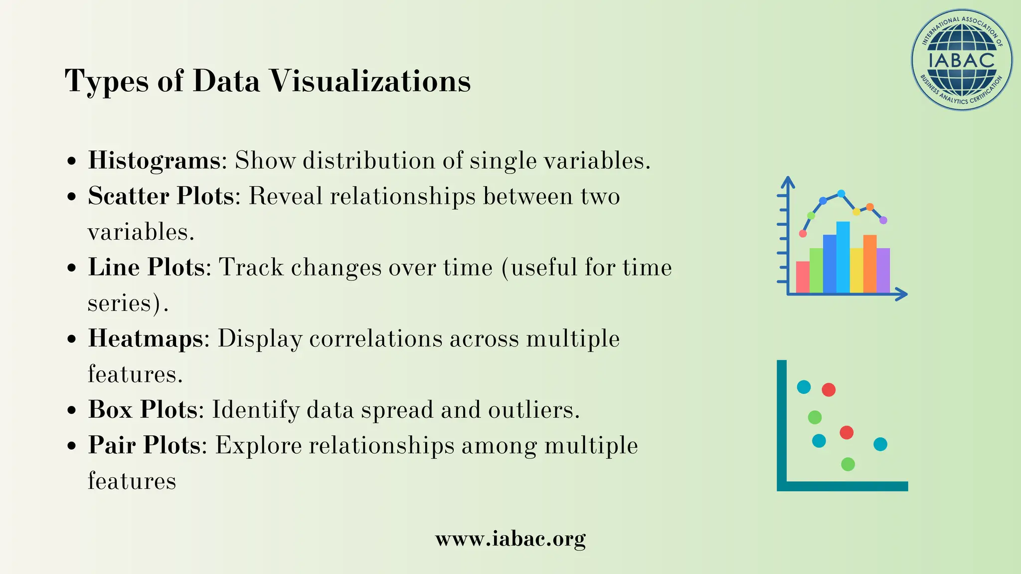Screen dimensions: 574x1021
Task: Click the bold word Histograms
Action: pyautogui.click(x=154, y=160)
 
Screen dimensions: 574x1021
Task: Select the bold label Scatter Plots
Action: pyautogui.click(x=161, y=196)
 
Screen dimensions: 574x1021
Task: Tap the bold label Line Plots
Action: pyautogui.click(x=146, y=267)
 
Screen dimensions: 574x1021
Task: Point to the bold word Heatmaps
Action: pyautogui.click(x=146, y=338)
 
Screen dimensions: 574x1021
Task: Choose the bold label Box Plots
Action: pyautogui.click(x=143, y=410)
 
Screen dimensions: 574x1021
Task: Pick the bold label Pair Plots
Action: pyautogui.click(x=144, y=445)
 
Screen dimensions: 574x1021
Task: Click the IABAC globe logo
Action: pyautogui.click(x=962, y=60)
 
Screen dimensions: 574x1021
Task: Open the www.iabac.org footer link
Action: pyautogui.click(x=510, y=539)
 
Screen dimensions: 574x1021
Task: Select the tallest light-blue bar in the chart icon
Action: pyautogui.click(x=843, y=257)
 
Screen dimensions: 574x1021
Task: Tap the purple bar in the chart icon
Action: pyautogui.click(x=883, y=270)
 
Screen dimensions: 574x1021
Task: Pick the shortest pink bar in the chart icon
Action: pyautogui.click(x=803, y=277)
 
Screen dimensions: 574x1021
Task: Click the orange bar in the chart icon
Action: pyautogui.click(x=870, y=263)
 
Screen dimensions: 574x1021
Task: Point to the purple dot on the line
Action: pyautogui.click(x=883, y=220)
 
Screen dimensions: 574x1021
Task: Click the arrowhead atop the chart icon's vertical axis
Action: pyautogui.click(x=788, y=182)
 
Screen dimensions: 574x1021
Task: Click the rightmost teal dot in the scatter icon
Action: pyautogui.click(x=880, y=444)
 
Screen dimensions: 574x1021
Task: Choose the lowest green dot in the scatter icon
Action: pyautogui.click(x=848, y=464)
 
